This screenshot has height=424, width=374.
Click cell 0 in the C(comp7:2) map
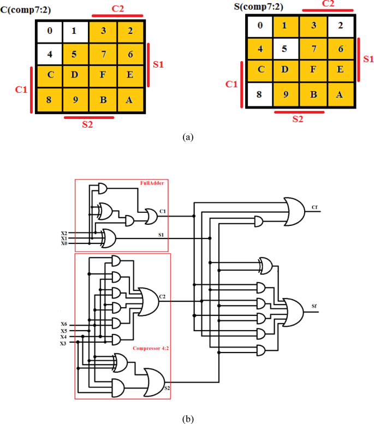pos(50,31)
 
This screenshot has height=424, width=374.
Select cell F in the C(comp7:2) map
pos(103,75)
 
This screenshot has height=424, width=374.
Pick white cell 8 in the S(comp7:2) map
pos(260,94)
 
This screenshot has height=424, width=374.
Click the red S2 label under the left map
pos(87,124)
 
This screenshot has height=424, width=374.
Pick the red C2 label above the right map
pos(328,4)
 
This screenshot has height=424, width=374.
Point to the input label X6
pos(64,324)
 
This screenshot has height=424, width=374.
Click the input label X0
pos(64,244)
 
